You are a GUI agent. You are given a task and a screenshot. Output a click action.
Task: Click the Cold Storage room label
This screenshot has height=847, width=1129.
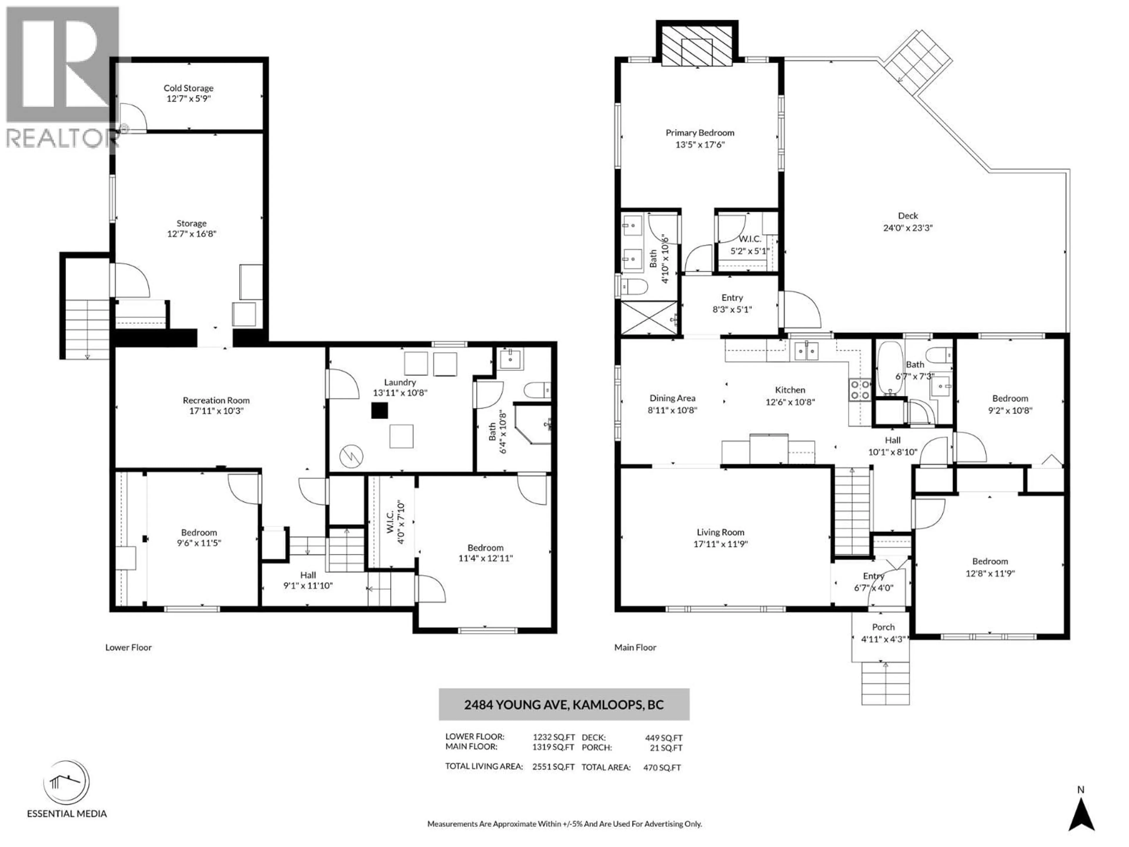(188, 88)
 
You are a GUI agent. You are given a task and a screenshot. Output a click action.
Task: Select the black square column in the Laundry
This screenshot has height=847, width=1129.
(379, 411)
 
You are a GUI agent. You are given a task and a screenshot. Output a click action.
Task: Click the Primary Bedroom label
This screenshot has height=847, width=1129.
(700, 133)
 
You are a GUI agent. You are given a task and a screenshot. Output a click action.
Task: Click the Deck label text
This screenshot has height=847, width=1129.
(908, 216)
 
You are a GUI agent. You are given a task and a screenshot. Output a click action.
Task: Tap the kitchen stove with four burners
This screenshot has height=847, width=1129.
(859, 390)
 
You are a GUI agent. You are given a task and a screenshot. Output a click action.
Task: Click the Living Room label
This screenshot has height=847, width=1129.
(720, 532)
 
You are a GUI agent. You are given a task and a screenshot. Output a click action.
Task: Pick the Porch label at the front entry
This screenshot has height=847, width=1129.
(883, 627)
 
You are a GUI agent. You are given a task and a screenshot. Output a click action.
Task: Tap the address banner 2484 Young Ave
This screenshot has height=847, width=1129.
(564, 705)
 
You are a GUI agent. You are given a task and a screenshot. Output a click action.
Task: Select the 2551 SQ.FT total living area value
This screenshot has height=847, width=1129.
(553, 767)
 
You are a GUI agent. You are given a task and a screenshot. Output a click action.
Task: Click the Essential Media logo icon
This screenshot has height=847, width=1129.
(66, 782)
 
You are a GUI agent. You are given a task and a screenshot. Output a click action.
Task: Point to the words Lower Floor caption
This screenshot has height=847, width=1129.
(128, 647)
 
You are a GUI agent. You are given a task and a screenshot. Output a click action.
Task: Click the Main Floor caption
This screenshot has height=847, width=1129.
(635, 647)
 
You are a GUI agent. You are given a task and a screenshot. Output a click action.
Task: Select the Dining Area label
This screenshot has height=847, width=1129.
(672, 398)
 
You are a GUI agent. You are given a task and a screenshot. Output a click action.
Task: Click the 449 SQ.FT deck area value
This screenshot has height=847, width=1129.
(664, 738)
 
